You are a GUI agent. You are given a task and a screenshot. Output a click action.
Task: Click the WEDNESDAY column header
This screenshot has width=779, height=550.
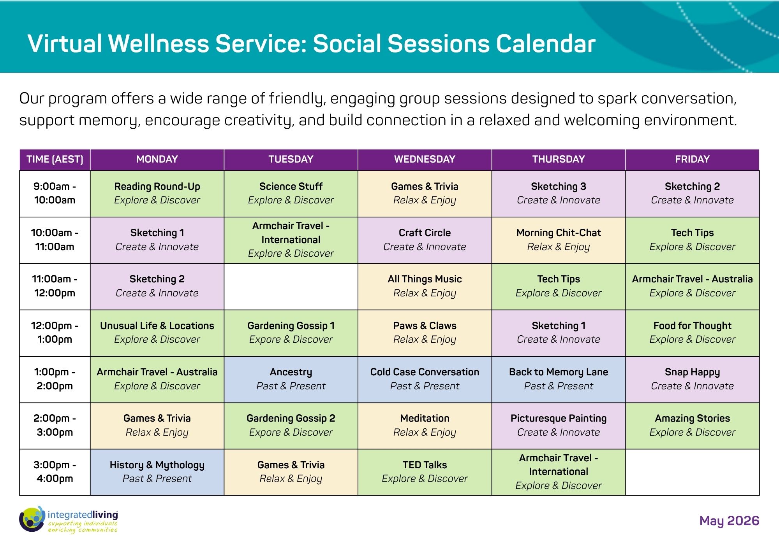(x=425, y=159)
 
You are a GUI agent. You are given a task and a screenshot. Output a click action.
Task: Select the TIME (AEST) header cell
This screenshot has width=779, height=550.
(x=55, y=159)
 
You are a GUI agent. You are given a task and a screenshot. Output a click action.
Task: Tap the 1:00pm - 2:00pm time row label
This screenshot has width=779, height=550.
(x=55, y=379)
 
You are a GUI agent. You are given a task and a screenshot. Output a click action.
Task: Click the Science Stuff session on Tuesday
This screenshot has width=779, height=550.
(x=291, y=194)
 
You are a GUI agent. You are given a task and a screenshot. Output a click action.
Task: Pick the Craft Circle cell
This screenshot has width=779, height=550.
(x=425, y=240)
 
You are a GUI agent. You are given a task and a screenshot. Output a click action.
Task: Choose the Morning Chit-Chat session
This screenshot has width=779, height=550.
(x=559, y=240)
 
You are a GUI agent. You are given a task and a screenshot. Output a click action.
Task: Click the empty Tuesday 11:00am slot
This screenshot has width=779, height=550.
(x=291, y=287)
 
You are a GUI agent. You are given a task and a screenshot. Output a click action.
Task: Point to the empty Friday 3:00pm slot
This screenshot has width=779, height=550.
(x=693, y=472)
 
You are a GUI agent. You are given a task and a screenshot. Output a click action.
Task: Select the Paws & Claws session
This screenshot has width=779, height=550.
(x=425, y=333)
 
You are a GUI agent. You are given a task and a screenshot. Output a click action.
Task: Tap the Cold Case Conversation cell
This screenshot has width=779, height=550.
(x=425, y=379)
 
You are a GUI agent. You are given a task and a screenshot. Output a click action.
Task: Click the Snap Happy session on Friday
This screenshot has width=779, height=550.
(x=693, y=379)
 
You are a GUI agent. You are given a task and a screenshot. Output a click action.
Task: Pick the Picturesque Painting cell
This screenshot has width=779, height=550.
(x=559, y=426)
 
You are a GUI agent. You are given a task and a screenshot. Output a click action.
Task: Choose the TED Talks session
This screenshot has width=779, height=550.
(x=425, y=472)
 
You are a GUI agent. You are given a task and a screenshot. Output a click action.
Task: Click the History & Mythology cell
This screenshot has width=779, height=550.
(x=157, y=472)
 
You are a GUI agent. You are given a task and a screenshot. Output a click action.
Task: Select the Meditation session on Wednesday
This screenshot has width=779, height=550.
(x=425, y=426)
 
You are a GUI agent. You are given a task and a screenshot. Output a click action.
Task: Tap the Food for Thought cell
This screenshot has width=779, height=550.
(x=693, y=333)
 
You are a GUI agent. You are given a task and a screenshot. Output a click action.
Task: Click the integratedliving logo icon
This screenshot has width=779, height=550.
(x=32, y=519)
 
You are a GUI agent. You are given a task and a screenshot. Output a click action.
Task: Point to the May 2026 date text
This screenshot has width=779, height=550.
(x=729, y=521)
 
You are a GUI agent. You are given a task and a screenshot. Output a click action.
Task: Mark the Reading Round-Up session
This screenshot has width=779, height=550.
(x=157, y=194)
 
